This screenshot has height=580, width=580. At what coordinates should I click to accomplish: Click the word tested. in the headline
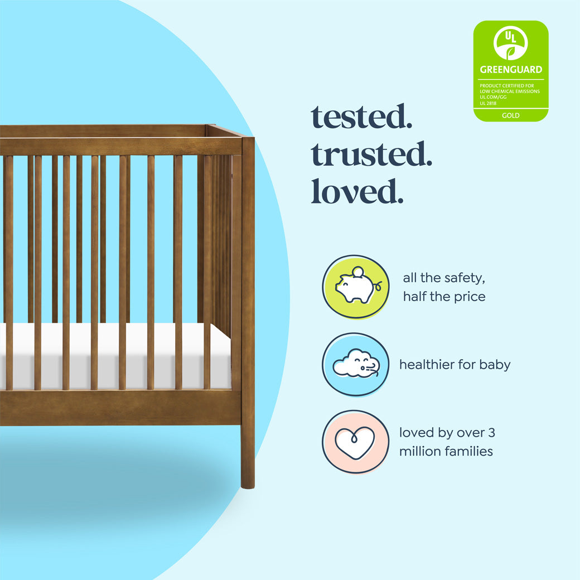click(361, 117)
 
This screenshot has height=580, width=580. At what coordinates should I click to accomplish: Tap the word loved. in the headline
click(357, 191)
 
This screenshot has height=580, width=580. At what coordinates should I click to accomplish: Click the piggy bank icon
click(355, 287)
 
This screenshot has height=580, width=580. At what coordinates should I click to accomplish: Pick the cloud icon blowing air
click(355, 365)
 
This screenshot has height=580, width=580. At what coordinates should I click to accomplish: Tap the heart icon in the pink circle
click(355, 442)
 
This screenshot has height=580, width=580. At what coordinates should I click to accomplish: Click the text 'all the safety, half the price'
click(444, 287)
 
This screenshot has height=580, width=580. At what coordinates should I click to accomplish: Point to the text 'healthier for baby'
click(455, 365)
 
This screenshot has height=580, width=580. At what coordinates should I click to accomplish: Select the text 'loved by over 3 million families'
click(447, 442)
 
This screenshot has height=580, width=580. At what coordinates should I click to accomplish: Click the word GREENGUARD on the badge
click(510, 70)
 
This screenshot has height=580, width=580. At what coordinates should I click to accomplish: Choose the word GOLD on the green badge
click(510, 115)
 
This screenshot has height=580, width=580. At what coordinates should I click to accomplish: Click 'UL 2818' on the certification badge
click(487, 103)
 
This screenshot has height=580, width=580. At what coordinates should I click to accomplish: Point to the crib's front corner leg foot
click(248, 480)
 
